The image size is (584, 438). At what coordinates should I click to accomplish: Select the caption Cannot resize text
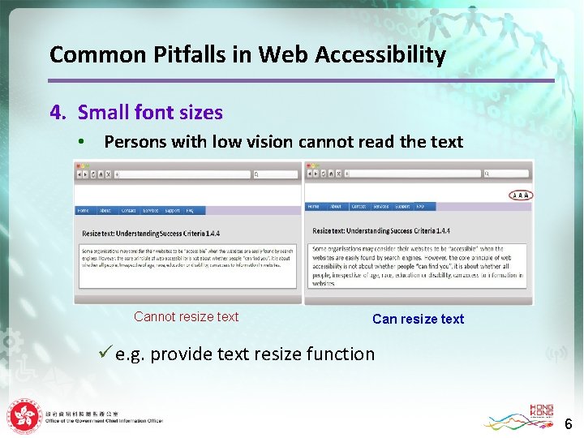coord(186,317)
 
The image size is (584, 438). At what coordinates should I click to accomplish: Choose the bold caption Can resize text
coord(418,320)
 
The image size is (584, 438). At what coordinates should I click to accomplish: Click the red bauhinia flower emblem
coord(24,417)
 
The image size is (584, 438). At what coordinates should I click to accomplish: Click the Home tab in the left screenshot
coord(83,211)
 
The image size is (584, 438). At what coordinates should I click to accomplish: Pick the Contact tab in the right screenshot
coord(358,207)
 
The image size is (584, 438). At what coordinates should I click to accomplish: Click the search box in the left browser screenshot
coord(276,174)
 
